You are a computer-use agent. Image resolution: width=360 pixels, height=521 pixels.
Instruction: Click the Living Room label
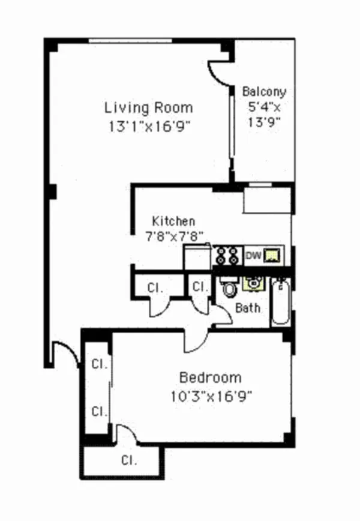click(149, 108)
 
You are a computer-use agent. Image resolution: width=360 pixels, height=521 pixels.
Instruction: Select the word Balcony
click(263, 92)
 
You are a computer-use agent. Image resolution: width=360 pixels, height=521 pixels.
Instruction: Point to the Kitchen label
click(173, 221)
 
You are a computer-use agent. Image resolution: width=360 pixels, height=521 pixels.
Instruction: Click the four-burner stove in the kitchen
click(228, 256)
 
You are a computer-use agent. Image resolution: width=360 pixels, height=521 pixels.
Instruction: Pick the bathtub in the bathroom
click(280, 303)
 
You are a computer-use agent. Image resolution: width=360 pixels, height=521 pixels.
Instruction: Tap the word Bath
click(247, 309)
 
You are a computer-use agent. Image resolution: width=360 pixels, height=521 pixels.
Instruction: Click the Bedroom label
click(211, 378)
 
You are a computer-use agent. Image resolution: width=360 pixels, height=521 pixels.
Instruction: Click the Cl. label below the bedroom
click(129, 461)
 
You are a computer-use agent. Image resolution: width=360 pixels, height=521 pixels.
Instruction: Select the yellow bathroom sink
click(254, 282)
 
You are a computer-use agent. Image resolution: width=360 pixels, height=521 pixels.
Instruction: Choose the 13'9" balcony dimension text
click(264, 122)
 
